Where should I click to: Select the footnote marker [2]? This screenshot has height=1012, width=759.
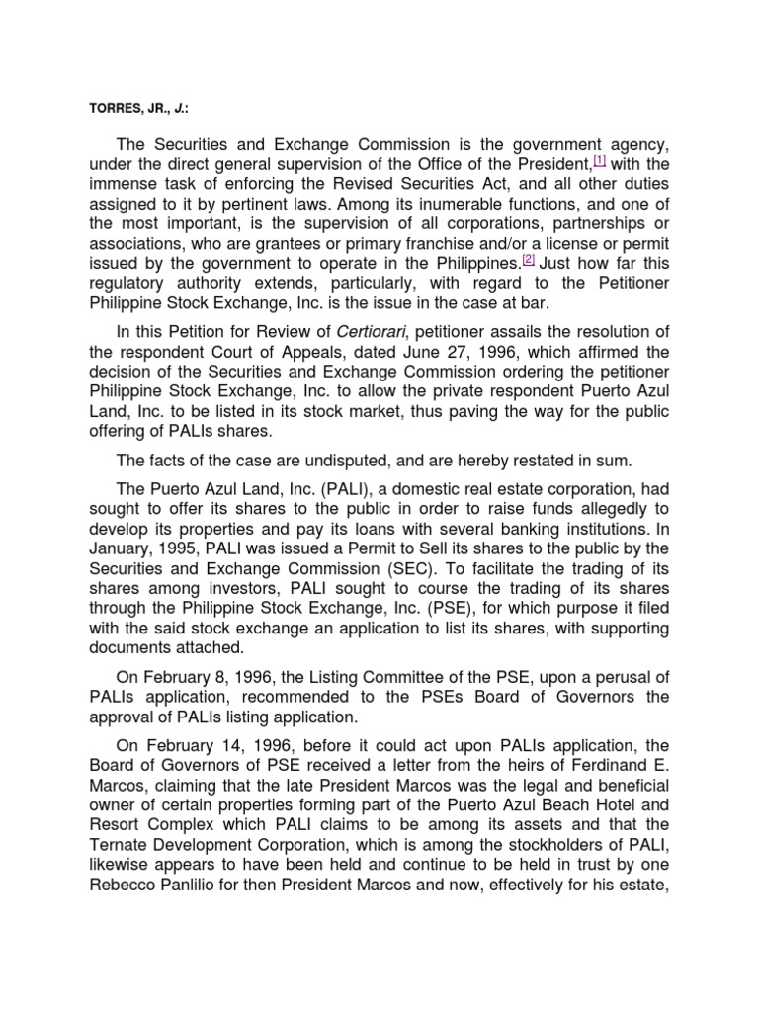[x=528, y=260]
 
